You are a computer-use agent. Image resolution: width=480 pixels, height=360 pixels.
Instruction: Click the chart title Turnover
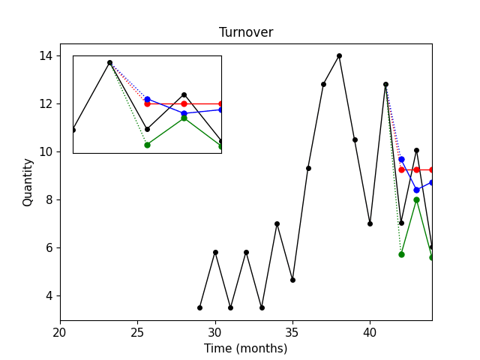click(x=246, y=32)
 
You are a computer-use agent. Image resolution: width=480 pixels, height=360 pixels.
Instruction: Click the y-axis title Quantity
click(x=28, y=182)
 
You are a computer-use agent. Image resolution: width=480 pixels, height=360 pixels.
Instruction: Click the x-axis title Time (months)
click(x=246, y=348)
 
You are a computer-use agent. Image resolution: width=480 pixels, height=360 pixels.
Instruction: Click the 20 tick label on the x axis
click(x=60, y=331)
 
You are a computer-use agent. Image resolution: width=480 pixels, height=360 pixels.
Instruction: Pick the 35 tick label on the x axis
click(x=292, y=331)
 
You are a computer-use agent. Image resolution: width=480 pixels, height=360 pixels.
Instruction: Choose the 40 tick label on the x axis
click(x=370, y=331)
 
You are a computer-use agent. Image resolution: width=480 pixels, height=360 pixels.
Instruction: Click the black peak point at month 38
click(x=339, y=55)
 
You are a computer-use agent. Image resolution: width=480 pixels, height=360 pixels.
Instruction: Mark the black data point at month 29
click(x=199, y=307)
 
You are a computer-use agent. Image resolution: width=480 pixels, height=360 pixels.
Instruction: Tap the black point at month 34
click(x=277, y=223)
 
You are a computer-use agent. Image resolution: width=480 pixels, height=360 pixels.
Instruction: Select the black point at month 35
click(x=292, y=280)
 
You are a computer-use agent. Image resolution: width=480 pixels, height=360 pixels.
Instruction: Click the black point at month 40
click(x=370, y=223)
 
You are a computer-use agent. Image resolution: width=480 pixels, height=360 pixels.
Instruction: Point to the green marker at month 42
click(x=401, y=254)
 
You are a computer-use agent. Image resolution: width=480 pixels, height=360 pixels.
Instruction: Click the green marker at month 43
click(x=416, y=199)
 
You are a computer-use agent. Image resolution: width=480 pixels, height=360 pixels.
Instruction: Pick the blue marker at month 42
click(x=401, y=159)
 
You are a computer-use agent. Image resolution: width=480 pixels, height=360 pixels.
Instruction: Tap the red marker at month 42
click(x=401, y=169)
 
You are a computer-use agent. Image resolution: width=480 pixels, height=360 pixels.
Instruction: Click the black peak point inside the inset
click(x=109, y=63)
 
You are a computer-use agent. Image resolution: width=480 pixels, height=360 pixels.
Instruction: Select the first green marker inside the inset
click(x=147, y=145)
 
